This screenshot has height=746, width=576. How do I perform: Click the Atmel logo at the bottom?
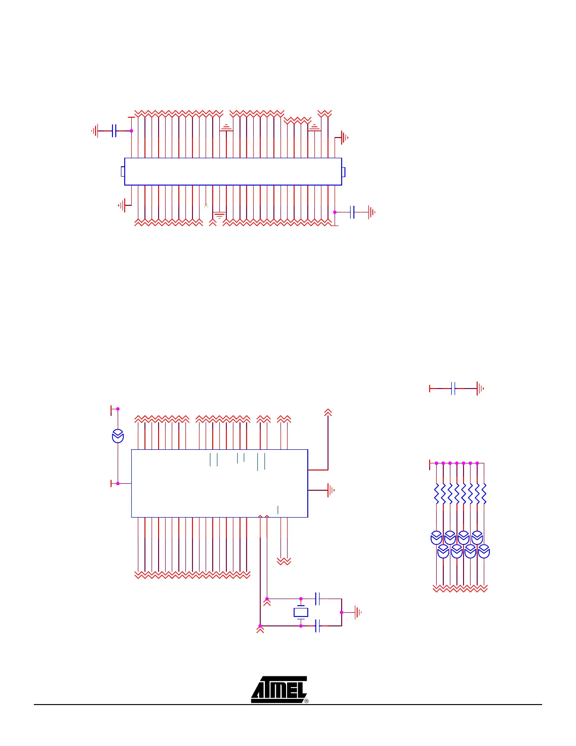[279, 689]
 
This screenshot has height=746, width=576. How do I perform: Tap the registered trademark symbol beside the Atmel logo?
[306, 701]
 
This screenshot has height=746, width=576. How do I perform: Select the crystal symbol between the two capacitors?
[301, 612]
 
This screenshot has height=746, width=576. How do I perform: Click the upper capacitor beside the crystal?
[317, 599]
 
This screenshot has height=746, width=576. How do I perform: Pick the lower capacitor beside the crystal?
[317, 626]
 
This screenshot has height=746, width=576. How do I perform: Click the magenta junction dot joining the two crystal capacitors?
[341, 612]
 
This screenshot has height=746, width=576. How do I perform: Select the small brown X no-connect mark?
[206, 205]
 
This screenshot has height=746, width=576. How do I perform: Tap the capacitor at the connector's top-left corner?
[114, 131]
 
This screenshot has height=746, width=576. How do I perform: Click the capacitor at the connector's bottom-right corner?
[352, 212]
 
